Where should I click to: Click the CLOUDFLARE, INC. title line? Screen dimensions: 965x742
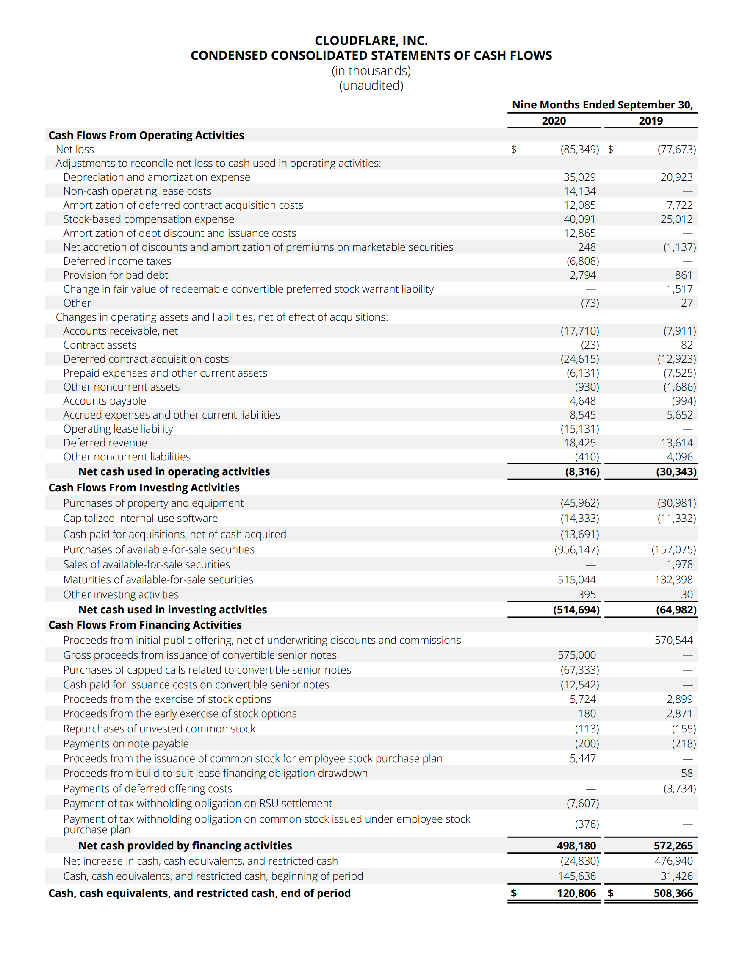point(371,41)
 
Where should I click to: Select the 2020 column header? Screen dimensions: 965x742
point(554,121)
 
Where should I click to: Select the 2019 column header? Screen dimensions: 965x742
point(650,121)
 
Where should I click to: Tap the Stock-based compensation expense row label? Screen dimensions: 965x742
point(148,219)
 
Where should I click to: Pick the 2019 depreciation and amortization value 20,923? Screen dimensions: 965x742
point(676,177)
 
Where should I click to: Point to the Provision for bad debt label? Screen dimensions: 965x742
point(115,275)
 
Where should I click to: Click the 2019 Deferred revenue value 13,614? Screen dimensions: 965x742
point(676,443)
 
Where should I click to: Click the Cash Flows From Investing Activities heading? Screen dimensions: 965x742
point(144,488)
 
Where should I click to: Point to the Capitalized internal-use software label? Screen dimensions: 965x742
point(140,518)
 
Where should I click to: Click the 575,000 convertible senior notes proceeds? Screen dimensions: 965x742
point(576,655)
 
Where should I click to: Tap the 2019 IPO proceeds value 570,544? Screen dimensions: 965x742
point(673,640)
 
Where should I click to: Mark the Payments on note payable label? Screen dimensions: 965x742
point(125,744)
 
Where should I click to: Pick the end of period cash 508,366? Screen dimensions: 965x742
point(673,893)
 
